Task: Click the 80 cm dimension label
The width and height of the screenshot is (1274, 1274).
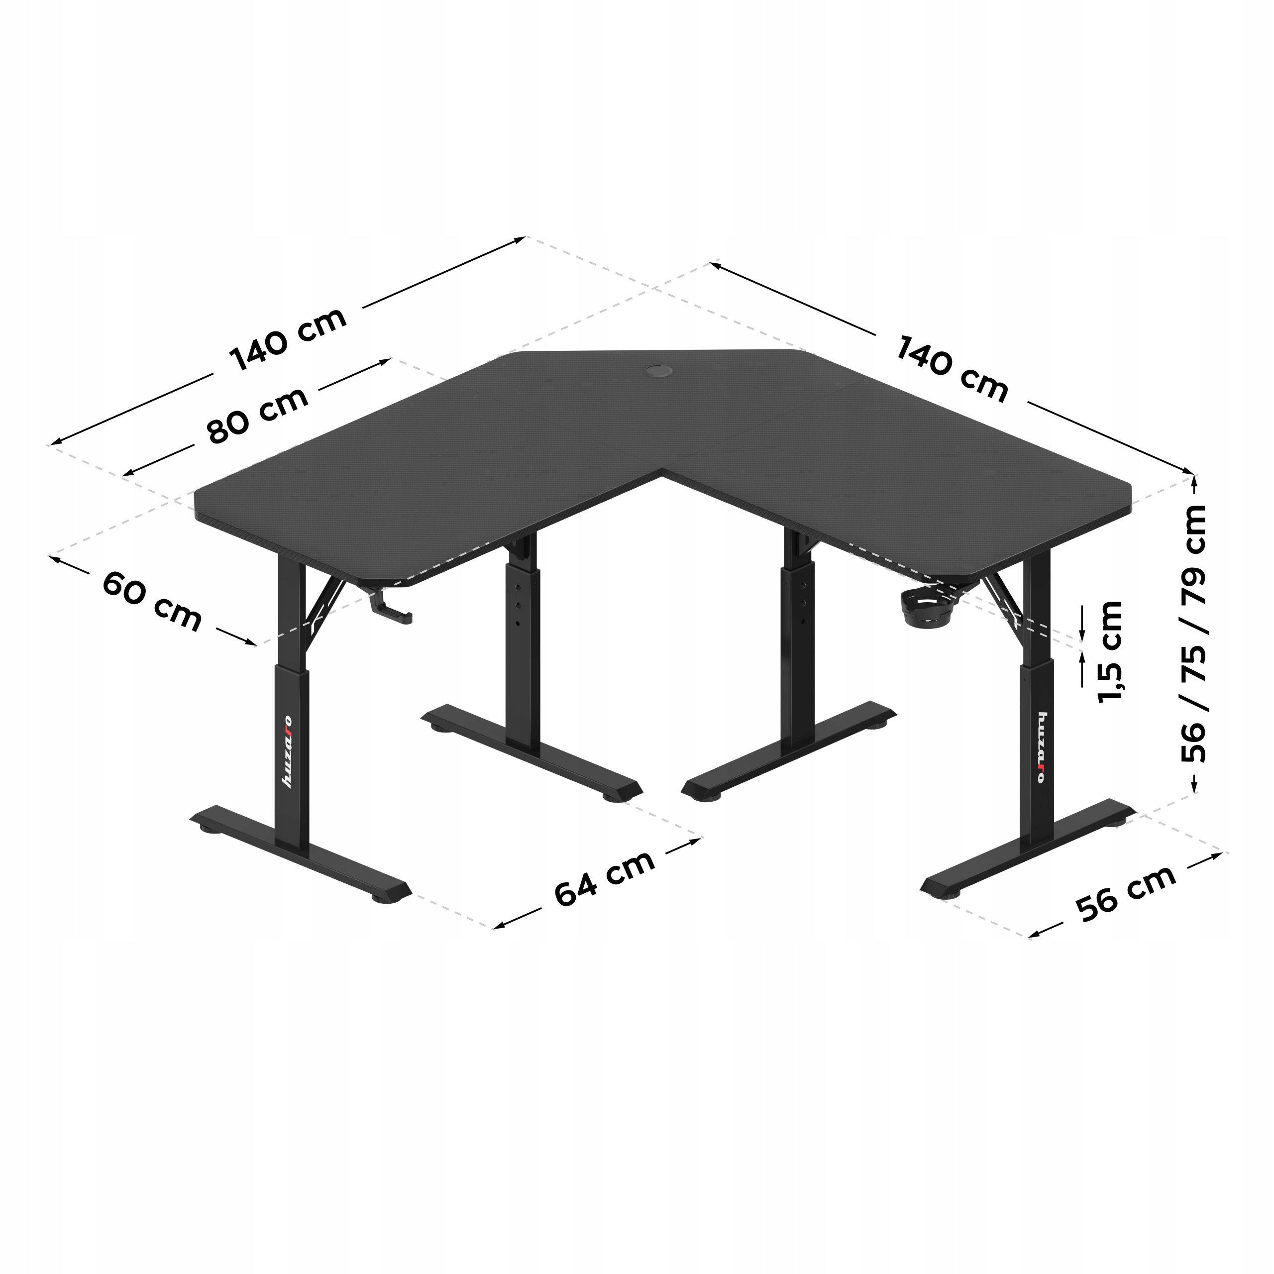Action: [x=258, y=416]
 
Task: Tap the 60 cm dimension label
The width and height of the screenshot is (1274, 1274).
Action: [x=152, y=601]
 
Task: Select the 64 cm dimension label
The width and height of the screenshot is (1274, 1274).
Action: [x=605, y=878]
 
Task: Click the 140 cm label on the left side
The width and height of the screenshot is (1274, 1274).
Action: [x=288, y=339]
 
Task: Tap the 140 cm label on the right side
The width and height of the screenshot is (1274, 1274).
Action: [x=952, y=369]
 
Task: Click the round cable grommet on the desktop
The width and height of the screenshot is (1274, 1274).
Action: [x=658, y=371]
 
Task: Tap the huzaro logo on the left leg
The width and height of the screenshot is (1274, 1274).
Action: [x=288, y=752]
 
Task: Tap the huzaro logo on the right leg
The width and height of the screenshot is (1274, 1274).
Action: [x=1041, y=747]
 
